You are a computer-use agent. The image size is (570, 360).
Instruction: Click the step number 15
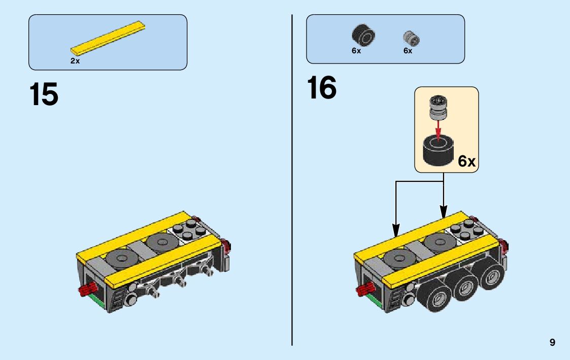[44, 94]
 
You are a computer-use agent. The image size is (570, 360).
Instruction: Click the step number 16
[321, 88]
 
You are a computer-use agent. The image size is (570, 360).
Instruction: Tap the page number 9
[552, 343]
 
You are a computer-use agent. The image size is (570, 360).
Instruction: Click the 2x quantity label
[75, 61]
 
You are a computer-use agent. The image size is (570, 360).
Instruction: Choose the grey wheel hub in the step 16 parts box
[412, 38]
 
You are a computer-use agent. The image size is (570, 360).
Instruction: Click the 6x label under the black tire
[356, 51]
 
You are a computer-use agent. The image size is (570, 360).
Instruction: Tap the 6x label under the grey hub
[408, 51]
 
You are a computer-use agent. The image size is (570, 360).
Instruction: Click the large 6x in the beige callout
[466, 161]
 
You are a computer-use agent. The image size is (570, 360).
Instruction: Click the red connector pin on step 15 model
[87, 290]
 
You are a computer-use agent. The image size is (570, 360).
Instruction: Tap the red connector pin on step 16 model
[364, 290]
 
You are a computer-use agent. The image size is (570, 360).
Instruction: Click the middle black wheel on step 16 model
[463, 288]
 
